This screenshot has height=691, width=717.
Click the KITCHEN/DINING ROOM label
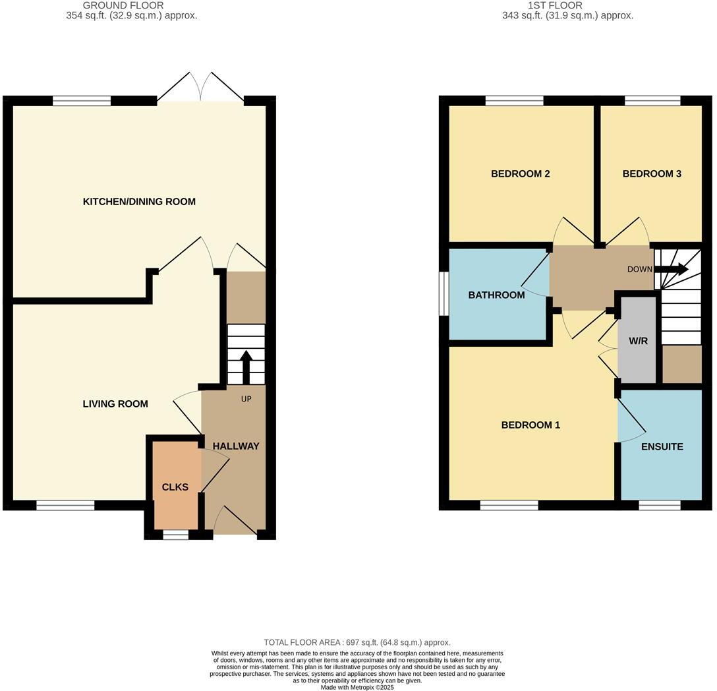tap(139, 202)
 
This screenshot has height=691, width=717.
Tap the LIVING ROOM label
tap(115, 404)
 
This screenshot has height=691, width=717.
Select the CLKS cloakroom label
tap(175, 487)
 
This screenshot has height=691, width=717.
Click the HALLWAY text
tap(236, 446)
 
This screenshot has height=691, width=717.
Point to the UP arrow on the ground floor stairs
tap(246, 366)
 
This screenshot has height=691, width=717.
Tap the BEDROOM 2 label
tap(521, 174)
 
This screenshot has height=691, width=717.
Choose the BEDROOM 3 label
tap(652, 174)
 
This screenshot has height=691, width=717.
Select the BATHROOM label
tap(496, 295)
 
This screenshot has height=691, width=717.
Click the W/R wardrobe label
tap(638, 342)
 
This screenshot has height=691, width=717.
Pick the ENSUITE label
tap(662, 446)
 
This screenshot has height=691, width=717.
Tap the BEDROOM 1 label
tap(531, 425)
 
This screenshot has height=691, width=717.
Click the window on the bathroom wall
tap(444, 294)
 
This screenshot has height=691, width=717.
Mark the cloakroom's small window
tap(175, 535)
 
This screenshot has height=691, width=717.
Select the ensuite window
tap(660, 506)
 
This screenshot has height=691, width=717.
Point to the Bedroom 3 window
tap(652, 101)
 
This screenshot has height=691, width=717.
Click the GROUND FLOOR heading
tap(123, 5)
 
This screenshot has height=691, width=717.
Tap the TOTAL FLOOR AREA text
tap(357, 642)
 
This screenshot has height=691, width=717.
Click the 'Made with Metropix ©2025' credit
tap(357, 687)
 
